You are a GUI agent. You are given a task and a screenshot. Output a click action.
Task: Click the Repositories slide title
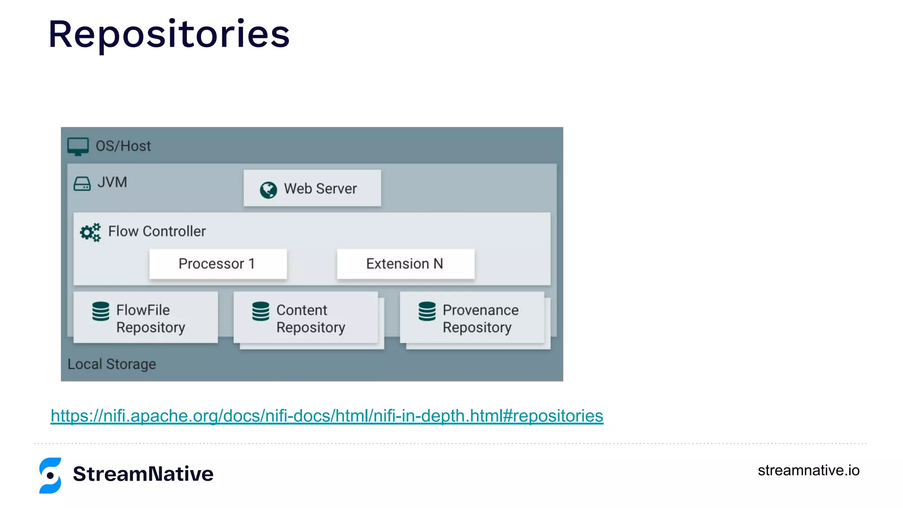pyautogui.click(x=169, y=34)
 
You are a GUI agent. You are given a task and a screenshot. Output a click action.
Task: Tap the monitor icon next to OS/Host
pyautogui.click(x=78, y=146)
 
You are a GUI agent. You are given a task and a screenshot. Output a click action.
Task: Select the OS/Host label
pyautogui.click(x=123, y=146)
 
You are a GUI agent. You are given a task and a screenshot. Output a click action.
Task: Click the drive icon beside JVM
pyautogui.click(x=82, y=183)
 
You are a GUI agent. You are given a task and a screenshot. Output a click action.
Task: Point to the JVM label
pyautogui.click(x=112, y=182)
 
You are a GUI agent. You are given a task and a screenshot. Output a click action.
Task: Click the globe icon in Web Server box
pyautogui.click(x=268, y=190)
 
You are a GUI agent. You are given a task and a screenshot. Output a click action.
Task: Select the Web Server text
pyautogui.click(x=320, y=189)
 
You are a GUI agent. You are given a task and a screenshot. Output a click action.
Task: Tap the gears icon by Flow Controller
pyautogui.click(x=90, y=232)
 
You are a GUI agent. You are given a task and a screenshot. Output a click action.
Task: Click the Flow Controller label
pyautogui.click(x=157, y=231)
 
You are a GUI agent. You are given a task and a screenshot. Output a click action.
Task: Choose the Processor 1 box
pyautogui.click(x=218, y=264)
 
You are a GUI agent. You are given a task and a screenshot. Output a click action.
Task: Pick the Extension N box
pyautogui.click(x=405, y=264)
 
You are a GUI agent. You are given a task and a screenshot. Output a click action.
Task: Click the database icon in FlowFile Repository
pyautogui.click(x=101, y=311)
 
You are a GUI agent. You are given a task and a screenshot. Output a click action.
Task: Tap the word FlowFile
pyautogui.click(x=143, y=310)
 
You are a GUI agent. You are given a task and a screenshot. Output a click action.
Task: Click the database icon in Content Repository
pyautogui.click(x=261, y=311)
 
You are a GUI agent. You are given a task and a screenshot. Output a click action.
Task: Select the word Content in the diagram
pyautogui.click(x=302, y=310)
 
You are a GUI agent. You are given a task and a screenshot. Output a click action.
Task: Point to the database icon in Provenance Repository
pyautogui.click(x=427, y=311)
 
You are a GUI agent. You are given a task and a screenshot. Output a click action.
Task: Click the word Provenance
pyautogui.click(x=480, y=310)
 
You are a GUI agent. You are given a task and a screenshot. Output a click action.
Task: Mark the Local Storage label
pyautogui.click(x=112, y=364)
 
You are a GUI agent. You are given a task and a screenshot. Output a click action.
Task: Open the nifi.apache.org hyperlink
pyautogui.click(x=327, y=416)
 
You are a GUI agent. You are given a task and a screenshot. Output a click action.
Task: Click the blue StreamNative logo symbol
pyautogui.click(x=50, y=475)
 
